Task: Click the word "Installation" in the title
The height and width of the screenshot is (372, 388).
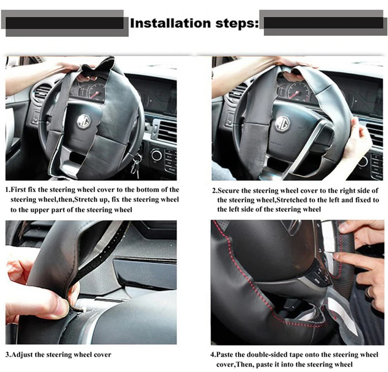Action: (x=170, y=23)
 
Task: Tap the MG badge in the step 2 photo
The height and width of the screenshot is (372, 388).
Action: (x=282, y=123)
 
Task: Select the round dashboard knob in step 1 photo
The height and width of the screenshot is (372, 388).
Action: (x=156, y=155)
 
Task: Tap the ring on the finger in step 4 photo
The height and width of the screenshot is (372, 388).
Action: (x=369, y=292)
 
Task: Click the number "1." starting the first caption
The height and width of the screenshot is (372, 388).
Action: (x=8, y=190)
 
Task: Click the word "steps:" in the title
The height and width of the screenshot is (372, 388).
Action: (x=237, y=24)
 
